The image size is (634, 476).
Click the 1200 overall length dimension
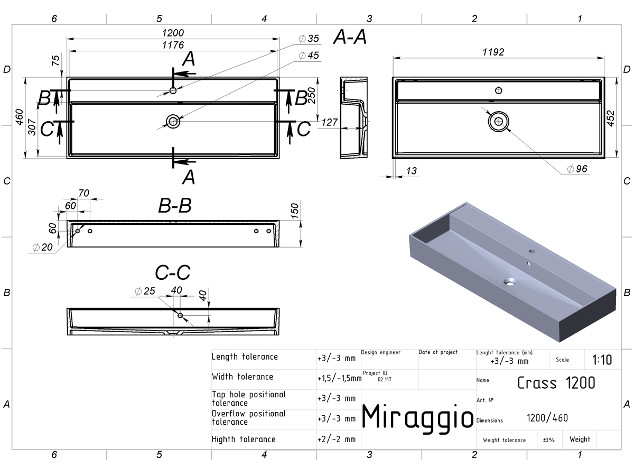coord(173,33)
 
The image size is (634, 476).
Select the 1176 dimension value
coord(173,45)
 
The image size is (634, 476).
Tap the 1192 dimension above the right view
coord(493,52)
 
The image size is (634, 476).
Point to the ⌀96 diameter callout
coord(577,169)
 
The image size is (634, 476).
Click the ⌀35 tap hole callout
coord(309,39)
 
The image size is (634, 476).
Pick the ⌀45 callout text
coord(309,56)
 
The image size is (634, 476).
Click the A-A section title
coord(350,37)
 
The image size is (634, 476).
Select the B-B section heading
coord(175,206)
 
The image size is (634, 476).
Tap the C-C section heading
coord(173,272)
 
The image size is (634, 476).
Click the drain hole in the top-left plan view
coord(173,122)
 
